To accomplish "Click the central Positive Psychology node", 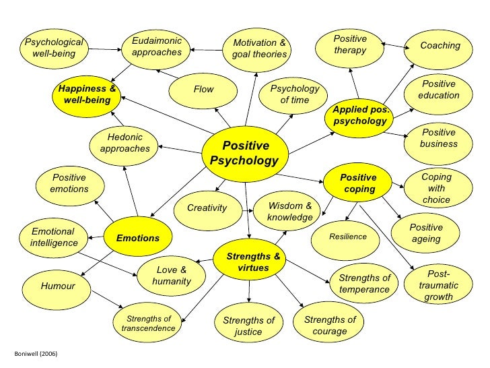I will point(245,154).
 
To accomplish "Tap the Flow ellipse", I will point(203,90).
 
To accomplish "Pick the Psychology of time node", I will point(294,95).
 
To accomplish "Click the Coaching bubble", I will point(440,47).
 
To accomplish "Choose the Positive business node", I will point(438,138).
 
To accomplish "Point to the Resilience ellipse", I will point(348,237).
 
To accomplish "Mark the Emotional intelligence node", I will point(53,237).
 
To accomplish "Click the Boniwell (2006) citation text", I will point(28,353).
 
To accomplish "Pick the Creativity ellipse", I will point(207,208).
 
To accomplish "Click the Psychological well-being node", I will point(53,48).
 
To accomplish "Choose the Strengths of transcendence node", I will point(148,324).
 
